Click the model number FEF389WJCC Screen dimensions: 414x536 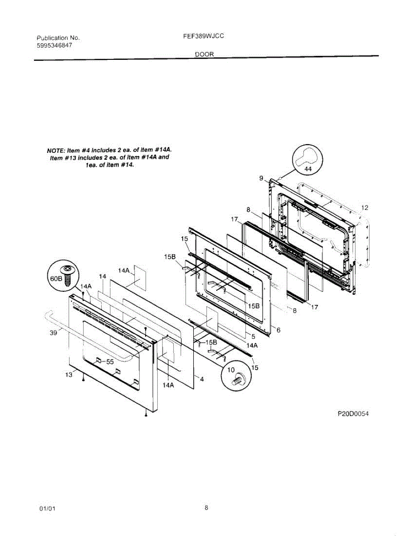(x=203, y=37)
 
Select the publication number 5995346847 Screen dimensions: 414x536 (x=54, y=46)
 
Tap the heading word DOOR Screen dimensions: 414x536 (x=205, y=54)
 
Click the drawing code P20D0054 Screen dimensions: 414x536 (x=353, y=414)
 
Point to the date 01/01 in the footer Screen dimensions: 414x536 (x=47, y=509)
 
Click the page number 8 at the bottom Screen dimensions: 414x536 (x=206, y=507)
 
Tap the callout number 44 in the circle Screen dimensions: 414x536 (x=308, y=169)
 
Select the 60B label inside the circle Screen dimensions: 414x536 (x=56, y=278)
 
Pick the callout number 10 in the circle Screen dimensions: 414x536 (x=231, y=370)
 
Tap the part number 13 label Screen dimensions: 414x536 (x=68, y=375)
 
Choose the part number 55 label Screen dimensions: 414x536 (x=110, y=362)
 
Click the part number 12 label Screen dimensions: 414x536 (x=365, y=208)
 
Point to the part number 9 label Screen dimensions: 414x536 (x=261, y=178)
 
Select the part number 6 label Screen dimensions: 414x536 (x=278, y=330)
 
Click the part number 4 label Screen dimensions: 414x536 (x=202, y=379)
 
